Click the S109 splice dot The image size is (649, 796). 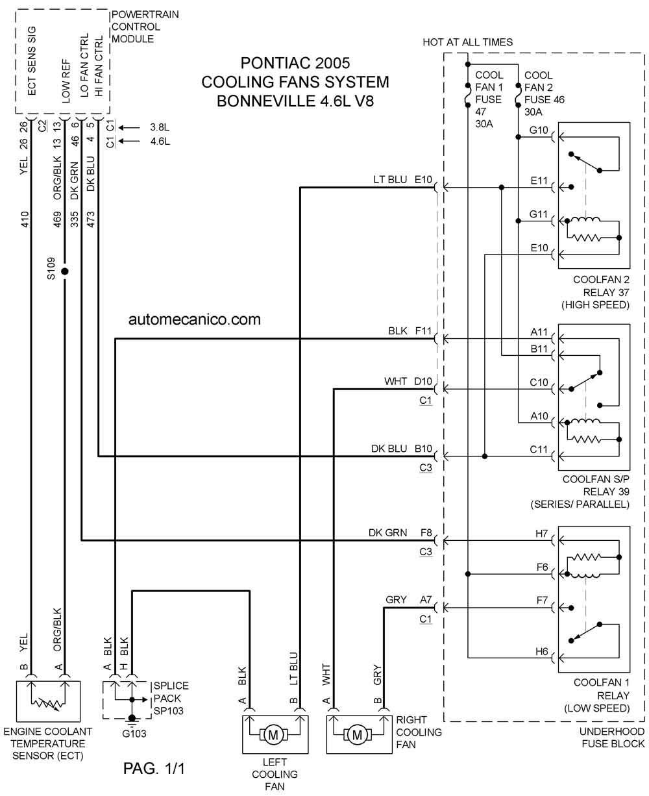pos(65,271)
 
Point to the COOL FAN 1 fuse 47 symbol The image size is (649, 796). pos(468,95)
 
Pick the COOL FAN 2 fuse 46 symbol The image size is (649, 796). pos(518,95)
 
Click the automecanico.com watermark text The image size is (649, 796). pos(194,319)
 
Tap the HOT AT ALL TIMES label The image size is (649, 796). pos(467,42)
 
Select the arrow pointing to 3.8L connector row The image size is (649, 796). pos(129,127)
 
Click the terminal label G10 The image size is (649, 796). pos(539,131)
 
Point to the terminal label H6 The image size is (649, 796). pos(541,651)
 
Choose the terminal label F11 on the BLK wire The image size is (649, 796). pos(423,331)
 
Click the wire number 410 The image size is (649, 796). pos(25,219)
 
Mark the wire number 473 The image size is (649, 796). pos(91,219)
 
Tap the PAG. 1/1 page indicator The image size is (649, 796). pos(154,769)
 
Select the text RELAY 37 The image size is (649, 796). pos(606,293)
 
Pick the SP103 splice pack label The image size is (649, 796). pos(168,711)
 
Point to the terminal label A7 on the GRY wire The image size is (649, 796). pos(426,600)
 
